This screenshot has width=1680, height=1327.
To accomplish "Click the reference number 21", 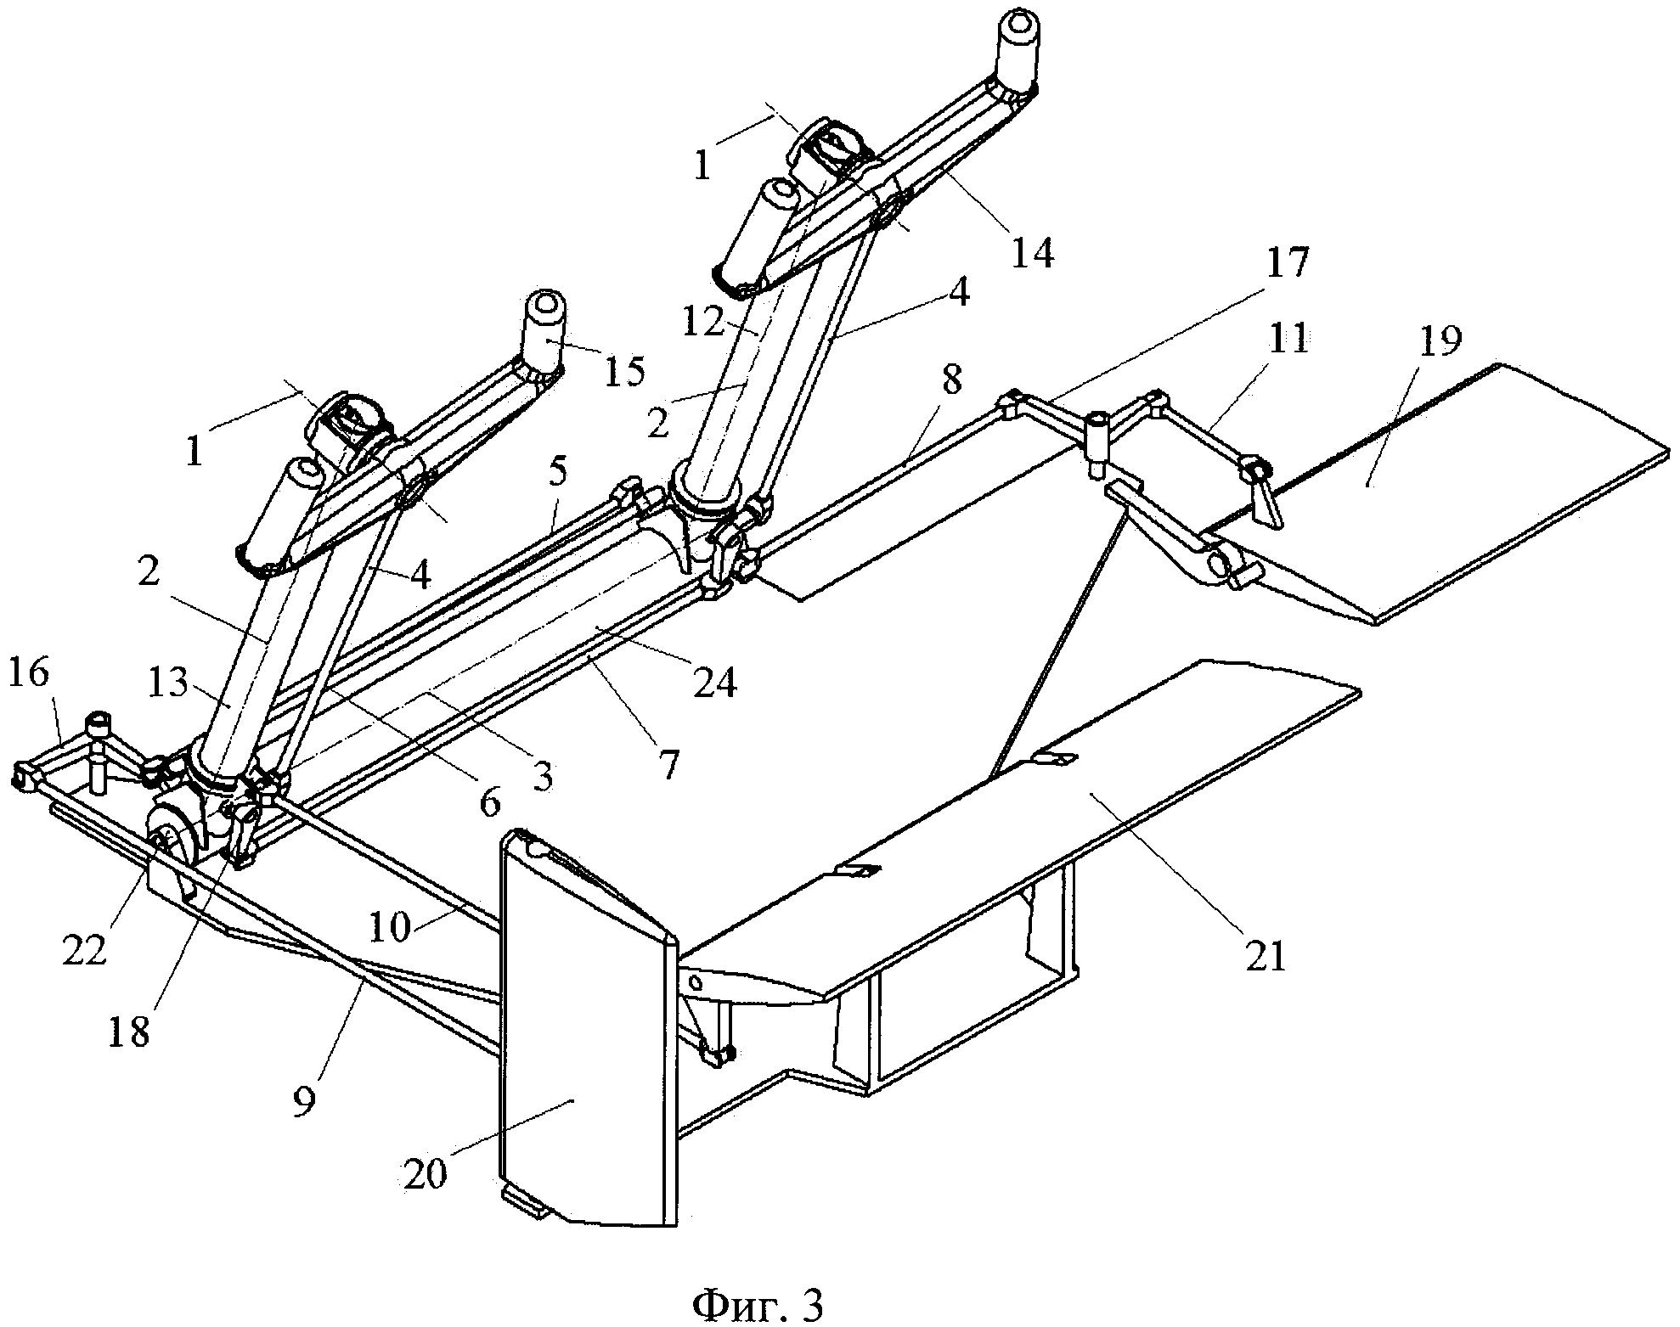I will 1266,956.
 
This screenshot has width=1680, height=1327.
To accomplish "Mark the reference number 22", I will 84,951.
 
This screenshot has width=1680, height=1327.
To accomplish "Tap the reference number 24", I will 714,682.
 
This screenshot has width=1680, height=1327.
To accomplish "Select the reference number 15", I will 624,370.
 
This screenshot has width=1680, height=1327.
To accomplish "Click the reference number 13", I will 167,682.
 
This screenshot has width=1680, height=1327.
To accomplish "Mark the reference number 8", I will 952,380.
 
